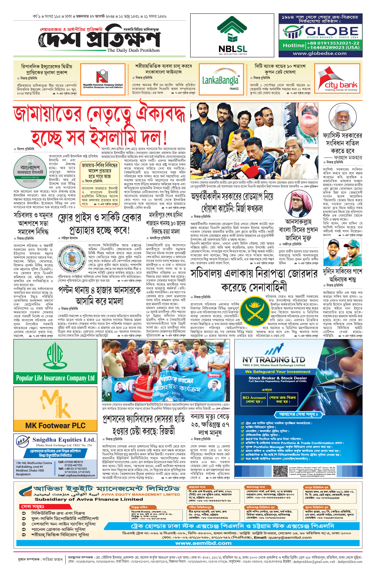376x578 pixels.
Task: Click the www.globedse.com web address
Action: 320,53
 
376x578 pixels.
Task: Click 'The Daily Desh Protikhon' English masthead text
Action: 133,50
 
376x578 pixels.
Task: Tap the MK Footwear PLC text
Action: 55,426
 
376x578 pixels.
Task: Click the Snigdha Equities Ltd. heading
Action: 64,440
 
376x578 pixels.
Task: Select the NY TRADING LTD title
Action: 274,360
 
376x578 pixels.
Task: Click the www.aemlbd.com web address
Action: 203,543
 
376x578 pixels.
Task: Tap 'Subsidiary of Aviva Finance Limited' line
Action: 89,499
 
